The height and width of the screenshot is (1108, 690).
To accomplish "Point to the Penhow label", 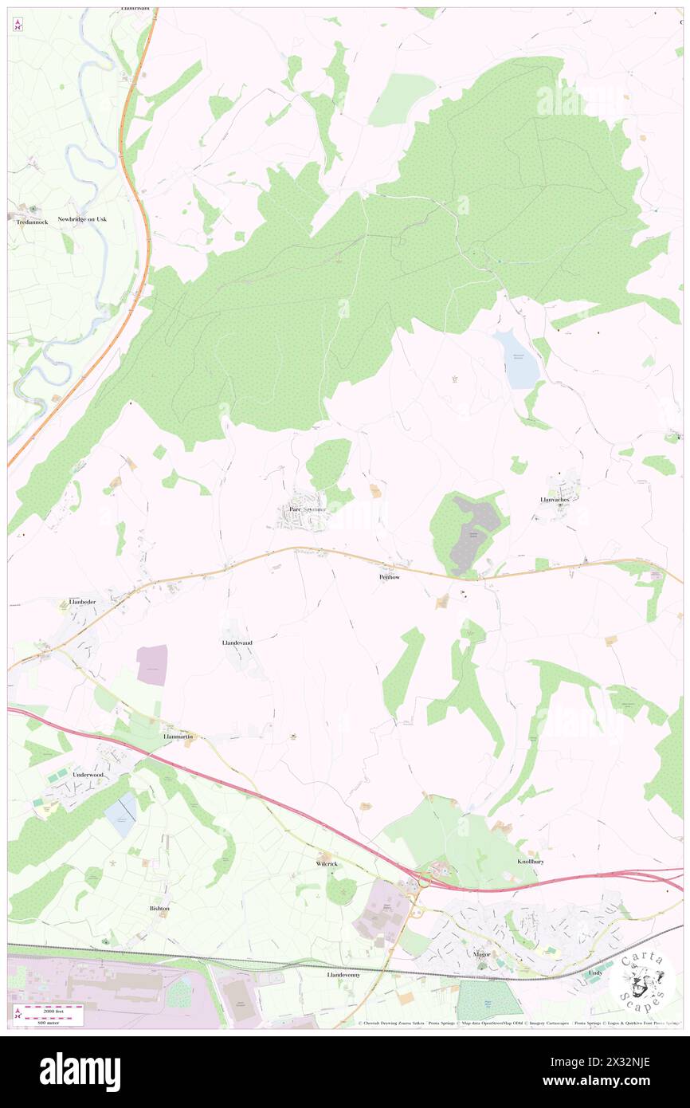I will [390, 576].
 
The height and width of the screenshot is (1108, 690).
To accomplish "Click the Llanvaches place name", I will [559, 500].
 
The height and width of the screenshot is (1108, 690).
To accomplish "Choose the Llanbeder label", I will [83, 603].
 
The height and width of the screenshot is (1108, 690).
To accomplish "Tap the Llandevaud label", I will [237, 642].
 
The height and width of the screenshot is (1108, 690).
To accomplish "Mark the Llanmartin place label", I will [178, 737].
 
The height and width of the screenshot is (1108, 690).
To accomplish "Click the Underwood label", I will [88, 774].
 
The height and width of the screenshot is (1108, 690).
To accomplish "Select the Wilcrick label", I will [327, 863].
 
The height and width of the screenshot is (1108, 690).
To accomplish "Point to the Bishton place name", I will [159, 908].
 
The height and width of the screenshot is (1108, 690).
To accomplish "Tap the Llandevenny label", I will [343, 974].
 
